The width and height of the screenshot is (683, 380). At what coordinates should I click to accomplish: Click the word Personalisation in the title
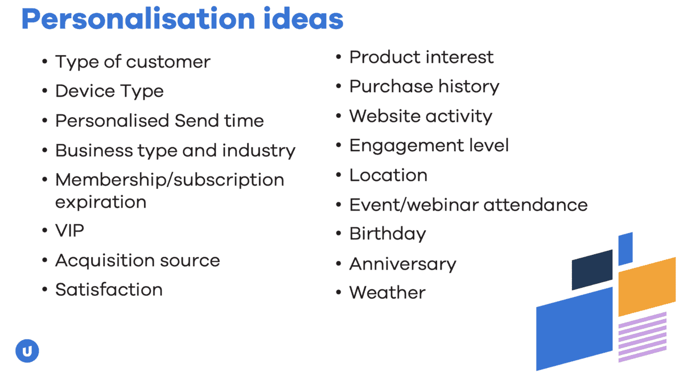click(138, 19)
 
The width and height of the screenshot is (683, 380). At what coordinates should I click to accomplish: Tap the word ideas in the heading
click(303, 19)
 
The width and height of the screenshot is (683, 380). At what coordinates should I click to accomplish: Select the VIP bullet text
click(69, 230)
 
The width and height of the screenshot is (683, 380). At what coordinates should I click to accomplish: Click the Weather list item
click(387, 292)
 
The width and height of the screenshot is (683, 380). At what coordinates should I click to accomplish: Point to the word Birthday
click(388, 234)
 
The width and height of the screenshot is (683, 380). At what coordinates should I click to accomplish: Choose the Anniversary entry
click(402, 264)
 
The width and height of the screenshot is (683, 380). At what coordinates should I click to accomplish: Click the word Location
click(388, 175)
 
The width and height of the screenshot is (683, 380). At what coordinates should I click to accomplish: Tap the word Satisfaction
click(109, 290)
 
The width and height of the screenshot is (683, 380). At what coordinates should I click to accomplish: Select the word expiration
click(101, 203)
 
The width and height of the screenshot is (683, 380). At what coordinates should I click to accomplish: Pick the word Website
click(385, 116)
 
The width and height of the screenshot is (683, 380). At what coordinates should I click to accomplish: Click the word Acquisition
click(105, 261)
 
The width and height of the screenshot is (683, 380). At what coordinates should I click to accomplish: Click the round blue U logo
click(27, 351)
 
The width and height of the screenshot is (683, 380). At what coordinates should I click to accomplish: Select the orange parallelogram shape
click(647, 287)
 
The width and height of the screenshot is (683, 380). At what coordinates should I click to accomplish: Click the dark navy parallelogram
click(592, 270)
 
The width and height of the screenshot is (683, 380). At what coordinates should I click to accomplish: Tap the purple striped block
click(643, 337)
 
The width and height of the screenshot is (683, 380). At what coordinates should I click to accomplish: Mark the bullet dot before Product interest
click(339, 57)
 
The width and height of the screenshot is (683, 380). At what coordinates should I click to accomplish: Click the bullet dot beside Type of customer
click(45, 61)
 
